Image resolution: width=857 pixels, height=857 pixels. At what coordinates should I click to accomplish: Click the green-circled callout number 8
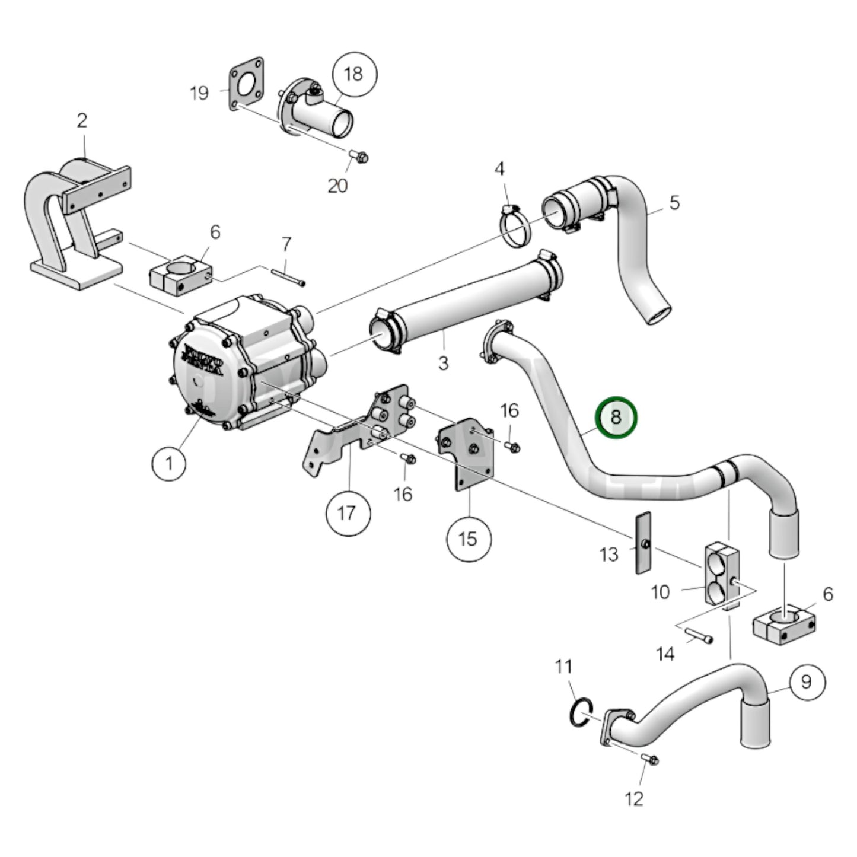pyautogui.click(x=616, y=418)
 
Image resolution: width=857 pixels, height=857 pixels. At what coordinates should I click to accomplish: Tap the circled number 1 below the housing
pyautogui.click(x=170, y=462)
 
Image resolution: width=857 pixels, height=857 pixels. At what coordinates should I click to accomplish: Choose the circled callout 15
pyautogui.click(x=468, y=539)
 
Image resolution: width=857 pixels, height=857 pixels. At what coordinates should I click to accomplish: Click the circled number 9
pyautogui.click(x=805, y=682)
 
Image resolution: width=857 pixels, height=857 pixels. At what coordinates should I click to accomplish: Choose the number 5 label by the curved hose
pyautogui.click(x=674, y=203)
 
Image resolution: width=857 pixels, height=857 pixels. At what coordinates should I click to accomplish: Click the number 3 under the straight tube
pyautogui.click(x=443, y=363)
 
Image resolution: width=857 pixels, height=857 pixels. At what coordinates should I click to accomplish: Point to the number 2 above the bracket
pyautogui.click(x=82, y=120)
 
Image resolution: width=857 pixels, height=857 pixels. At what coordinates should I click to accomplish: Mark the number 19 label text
pyautogui.click(x=199, y=93)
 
